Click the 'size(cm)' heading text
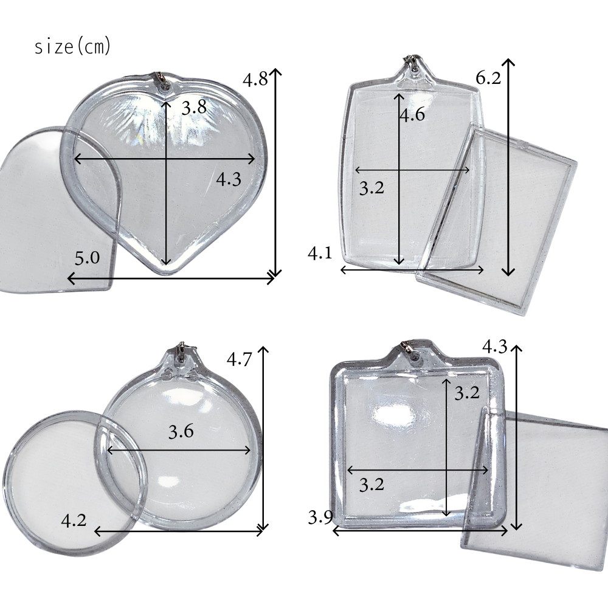point(73,47)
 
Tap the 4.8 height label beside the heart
point(255,79)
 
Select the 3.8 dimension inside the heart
point(194,107)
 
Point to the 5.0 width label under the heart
point(87,258)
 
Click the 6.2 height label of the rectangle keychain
point(488,78)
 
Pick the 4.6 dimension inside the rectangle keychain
point(412,114)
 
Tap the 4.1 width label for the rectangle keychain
point(320,253)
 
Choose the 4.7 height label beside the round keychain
point(239,359)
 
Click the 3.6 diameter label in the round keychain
point(181,431)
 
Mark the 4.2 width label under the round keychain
point(74,520)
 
